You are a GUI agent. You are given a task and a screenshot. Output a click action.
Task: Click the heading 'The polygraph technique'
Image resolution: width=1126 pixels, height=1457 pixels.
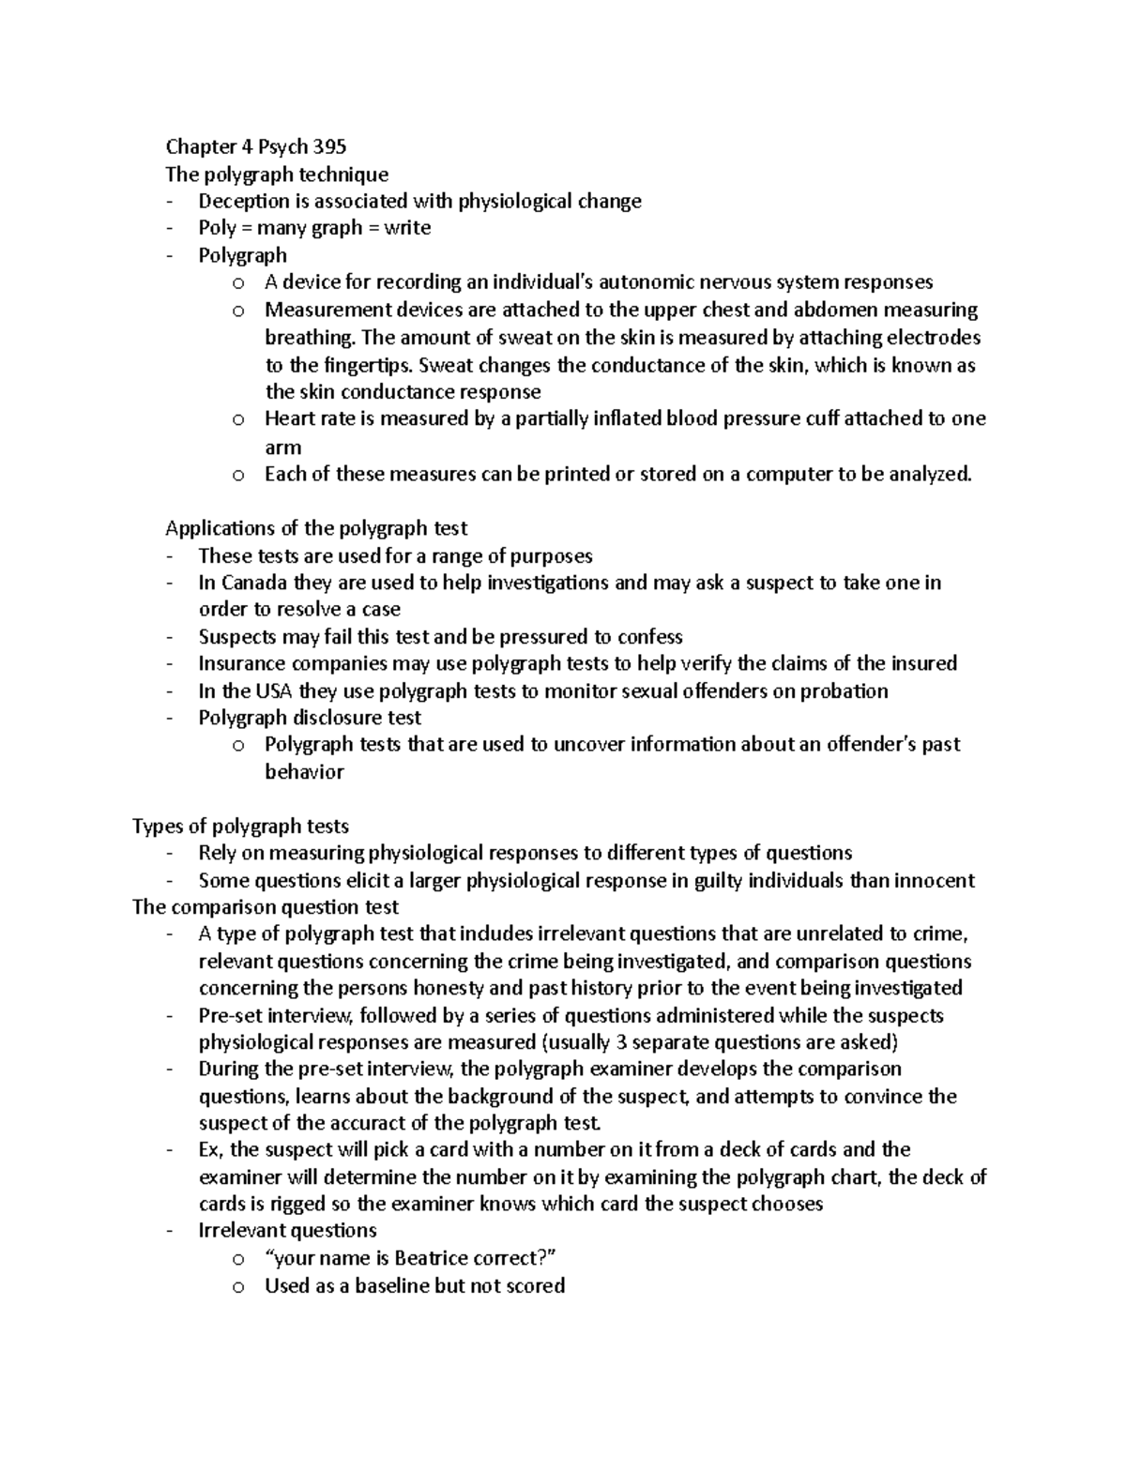click(277, 175)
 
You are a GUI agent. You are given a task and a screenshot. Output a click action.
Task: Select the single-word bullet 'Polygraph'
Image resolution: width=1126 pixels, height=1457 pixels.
click(242, 255)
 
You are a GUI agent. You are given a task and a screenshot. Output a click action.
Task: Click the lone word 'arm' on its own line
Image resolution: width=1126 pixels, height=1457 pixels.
click(282, 448)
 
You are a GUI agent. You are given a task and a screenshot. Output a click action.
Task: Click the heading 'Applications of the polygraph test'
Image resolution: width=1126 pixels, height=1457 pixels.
click(316, 528)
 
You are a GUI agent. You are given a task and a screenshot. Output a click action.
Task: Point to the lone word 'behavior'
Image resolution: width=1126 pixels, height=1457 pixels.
click(304, 772)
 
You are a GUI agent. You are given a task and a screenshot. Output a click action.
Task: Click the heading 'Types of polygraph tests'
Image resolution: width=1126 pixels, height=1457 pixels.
click(241, 827)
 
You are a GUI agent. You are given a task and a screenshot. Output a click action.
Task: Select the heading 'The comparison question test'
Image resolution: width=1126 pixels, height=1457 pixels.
click(266, 907)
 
